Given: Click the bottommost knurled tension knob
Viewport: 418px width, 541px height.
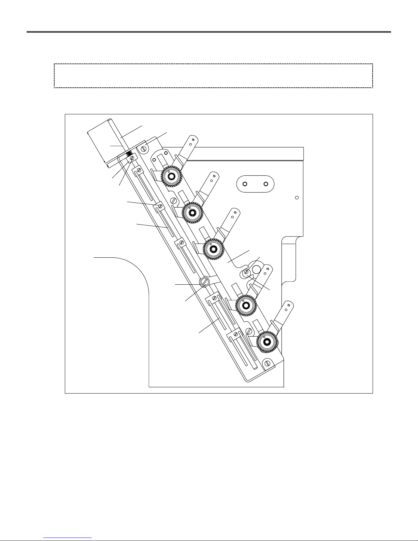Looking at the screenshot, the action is (x=266, y=341).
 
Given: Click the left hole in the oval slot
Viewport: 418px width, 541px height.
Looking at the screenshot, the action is (x=245, y=184).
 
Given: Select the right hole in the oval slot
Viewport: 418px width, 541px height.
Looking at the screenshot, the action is (x=265, y=184).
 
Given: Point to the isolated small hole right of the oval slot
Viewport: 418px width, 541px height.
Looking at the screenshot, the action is (x=297, y=198).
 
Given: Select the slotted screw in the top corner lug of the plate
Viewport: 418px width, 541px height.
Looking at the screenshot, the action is (x=144, y=148).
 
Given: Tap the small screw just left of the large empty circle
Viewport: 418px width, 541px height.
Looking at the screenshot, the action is (x=246, y=272).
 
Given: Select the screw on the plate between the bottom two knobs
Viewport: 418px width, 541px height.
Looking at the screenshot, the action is (x=249, y=330).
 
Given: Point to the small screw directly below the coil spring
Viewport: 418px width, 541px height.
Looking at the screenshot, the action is (x=132, y=158).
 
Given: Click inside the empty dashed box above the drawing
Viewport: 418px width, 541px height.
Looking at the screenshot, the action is (x=213, y=76).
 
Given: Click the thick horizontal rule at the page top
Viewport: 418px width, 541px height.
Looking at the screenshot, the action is (x=209, y=32).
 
